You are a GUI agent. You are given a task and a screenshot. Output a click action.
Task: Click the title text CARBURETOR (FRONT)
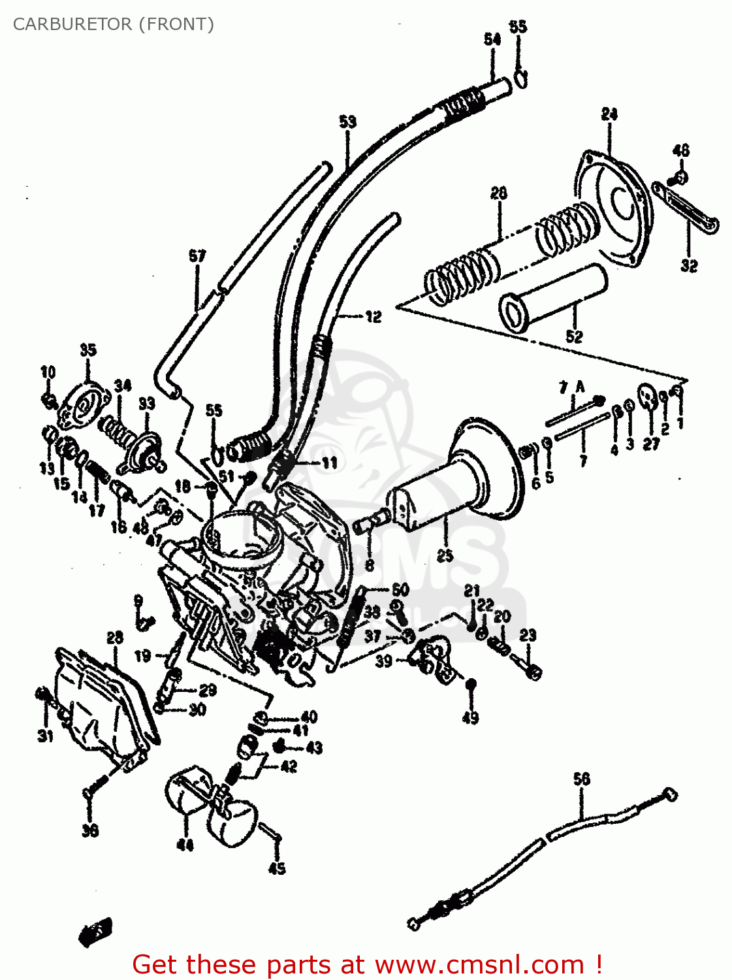click(113, 24)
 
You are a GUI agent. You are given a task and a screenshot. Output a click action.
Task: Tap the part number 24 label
click(609, 114)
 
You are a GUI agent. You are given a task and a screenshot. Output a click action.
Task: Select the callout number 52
click(573, 336)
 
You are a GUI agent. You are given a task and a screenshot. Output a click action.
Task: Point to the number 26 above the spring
click(498, 193)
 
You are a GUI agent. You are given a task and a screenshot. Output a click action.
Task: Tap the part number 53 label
click(347, 122)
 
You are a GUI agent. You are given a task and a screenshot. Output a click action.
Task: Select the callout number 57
click(197, 256)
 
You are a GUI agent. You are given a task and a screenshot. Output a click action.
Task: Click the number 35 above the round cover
click(88, 350)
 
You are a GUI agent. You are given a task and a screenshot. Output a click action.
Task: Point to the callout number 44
click(185, 845)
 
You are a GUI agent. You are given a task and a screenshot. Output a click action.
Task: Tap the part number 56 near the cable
click(581, 779)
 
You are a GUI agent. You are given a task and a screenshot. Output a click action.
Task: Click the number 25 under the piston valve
click(445, 556)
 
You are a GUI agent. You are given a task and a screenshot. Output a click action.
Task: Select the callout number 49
click(470, 717)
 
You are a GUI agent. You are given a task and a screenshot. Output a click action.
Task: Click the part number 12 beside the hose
click(373, 317)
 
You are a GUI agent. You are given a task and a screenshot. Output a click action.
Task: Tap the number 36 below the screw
click(90, 830)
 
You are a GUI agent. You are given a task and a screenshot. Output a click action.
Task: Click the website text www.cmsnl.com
click(479, 964)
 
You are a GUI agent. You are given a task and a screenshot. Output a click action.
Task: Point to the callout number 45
click(277, 868)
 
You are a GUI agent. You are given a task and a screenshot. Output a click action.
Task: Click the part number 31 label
click(44, 736)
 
